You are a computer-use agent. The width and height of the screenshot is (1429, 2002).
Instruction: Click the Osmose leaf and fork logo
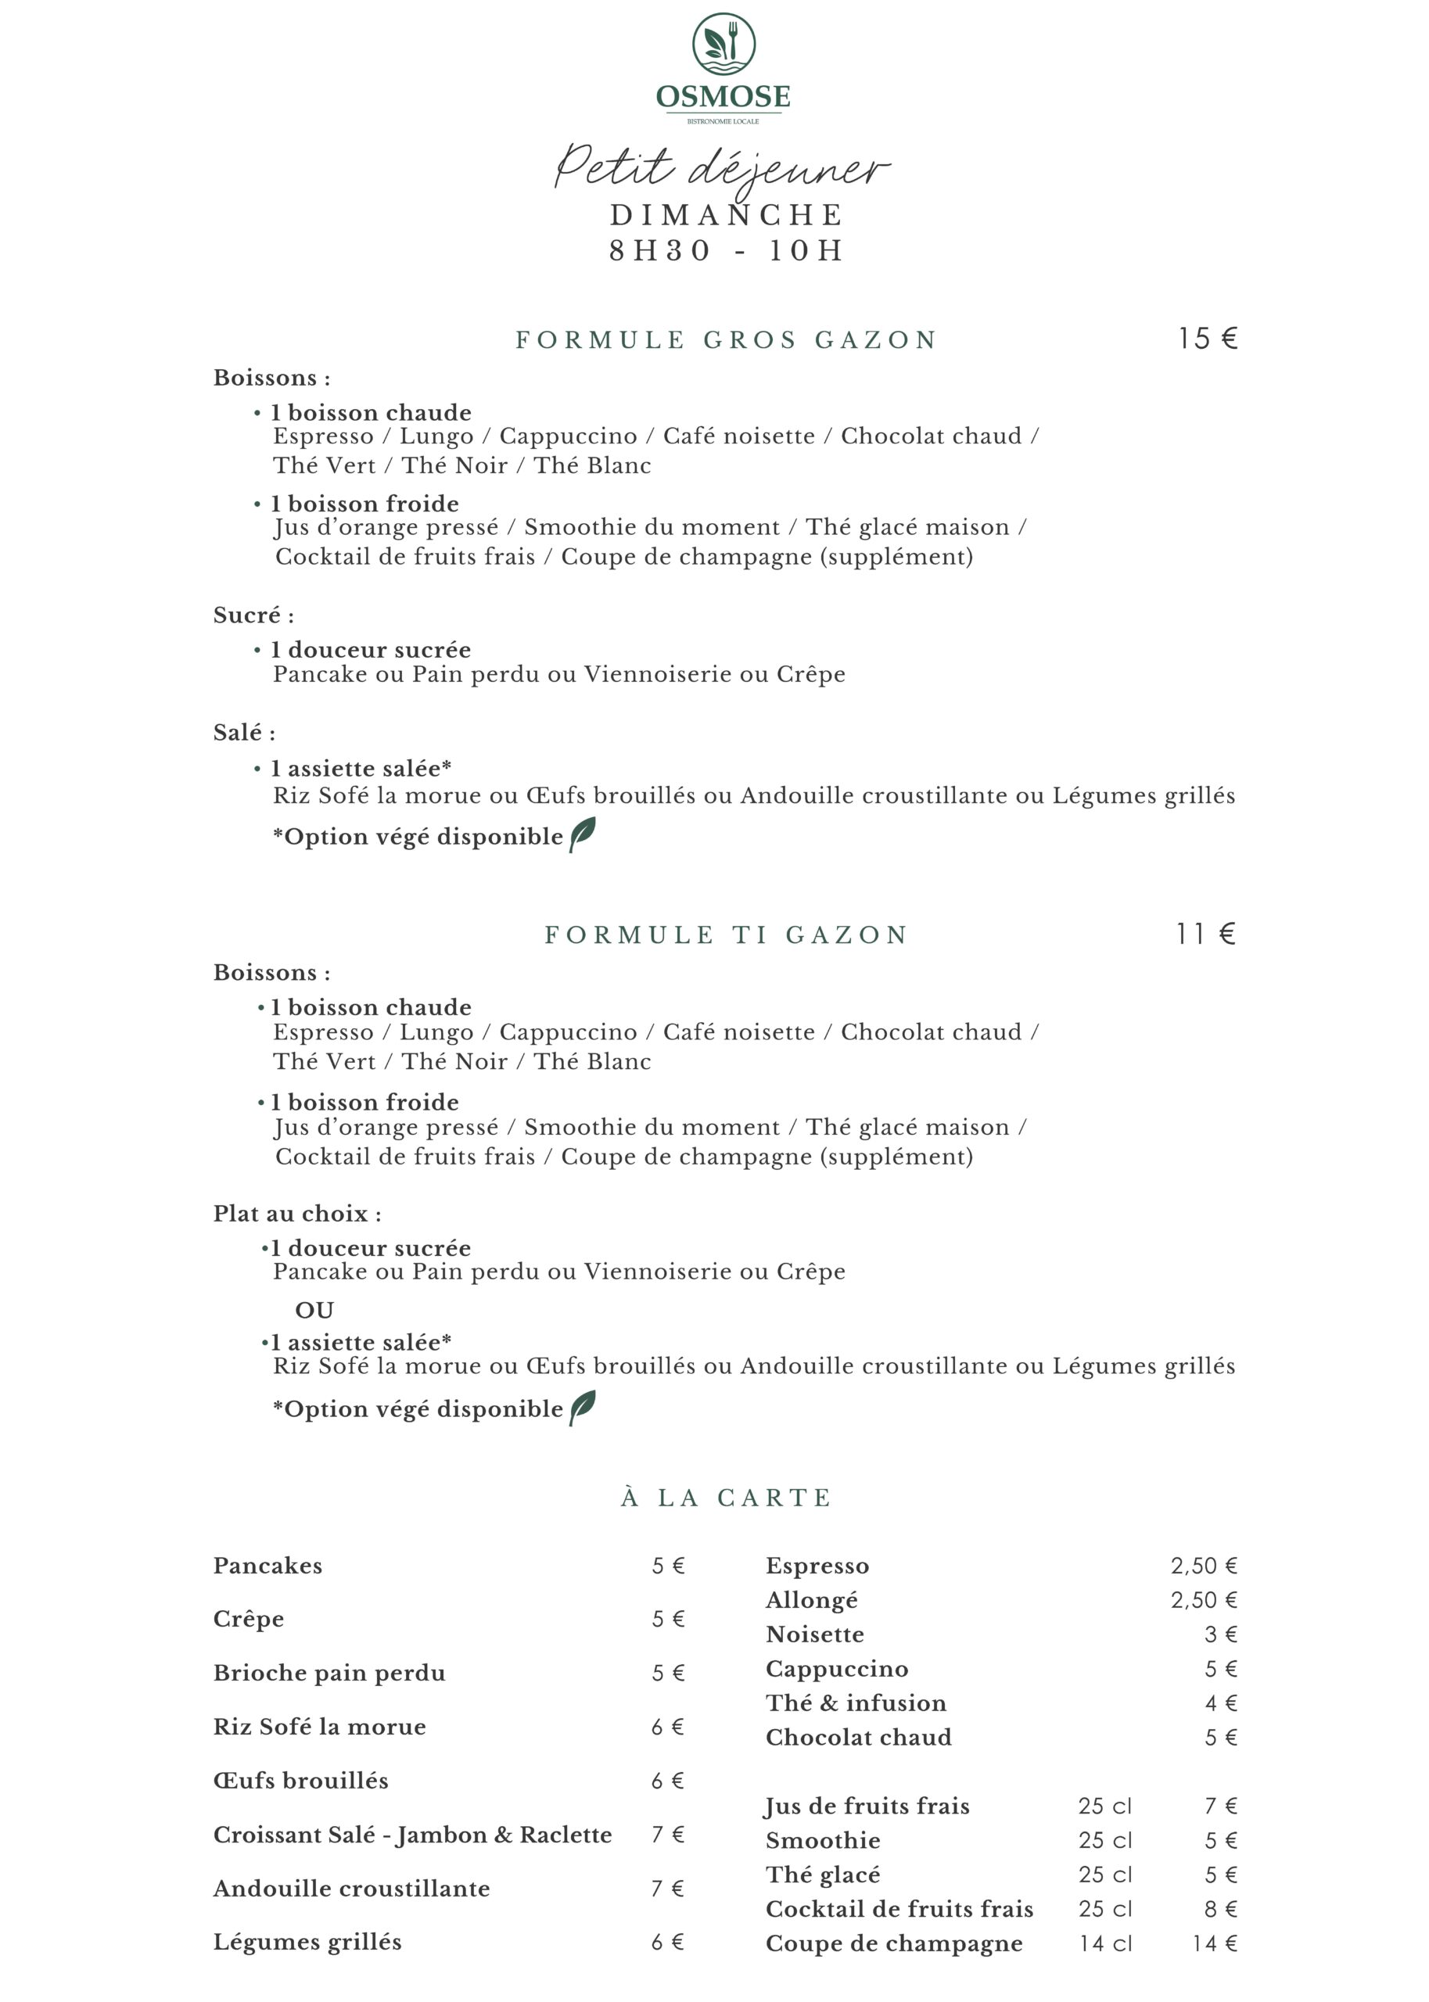pyautogui.click(x=723, y=44)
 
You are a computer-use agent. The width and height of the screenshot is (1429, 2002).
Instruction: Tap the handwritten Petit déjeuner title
pyautogui.click(x=721, y=167)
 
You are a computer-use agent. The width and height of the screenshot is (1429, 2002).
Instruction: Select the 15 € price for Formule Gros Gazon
pyautogui.click(x=1208, y=339)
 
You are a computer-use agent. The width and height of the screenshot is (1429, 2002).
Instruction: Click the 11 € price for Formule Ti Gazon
pyautogui.click(x=1205, y=935)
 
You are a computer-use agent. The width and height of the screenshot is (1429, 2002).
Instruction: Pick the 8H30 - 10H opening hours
pyautogui.click(x=726, y=252)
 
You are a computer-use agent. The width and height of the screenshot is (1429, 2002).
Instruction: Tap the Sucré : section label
pyautogui.click(x=253, y=615)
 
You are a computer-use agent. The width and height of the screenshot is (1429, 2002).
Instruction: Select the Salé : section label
pyautogui.click(x=244, y=733)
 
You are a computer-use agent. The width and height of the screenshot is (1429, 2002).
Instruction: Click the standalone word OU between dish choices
pyautogui.click(x=314, y=1311)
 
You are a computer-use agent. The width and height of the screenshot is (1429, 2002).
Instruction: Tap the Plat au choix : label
pyautogui.click(x=296, y=1214)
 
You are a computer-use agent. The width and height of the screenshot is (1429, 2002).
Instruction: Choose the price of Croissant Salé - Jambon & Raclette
pyautogui.click(x=668, y=1835)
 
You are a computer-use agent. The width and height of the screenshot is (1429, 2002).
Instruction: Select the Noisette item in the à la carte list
pyautogui.click(x=815, y=1635)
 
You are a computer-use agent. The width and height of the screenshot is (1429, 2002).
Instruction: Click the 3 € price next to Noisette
pyautogui.click(x=1222, y=1635)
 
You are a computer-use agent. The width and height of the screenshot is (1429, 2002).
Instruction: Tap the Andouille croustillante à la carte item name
pyautogui.click(x=351, y=1889)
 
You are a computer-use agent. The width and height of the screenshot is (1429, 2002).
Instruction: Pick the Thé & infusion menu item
pyautogui.click(x=856, y=1704)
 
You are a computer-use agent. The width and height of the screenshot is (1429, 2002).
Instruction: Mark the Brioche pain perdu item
pyautogui.click(x=329, y=1673)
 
